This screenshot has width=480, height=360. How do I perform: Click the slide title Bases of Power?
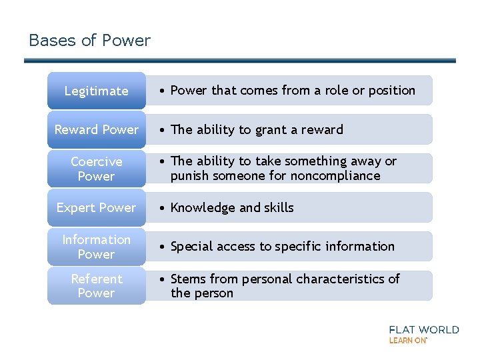pyautogui.click(x=89, y=41)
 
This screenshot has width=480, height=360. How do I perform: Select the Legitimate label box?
pyautogui.click(x=96, y=91)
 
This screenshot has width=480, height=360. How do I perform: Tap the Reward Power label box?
pyautogui.click(x=96, y=129)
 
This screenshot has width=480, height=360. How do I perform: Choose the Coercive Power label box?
pyautogui.click(x=96, y=169)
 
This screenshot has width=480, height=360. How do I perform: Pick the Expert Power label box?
pyautogui.click(x=96, y=207)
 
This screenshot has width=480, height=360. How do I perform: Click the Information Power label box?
pyautogui.click(x=96, y=247)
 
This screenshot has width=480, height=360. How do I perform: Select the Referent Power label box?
pyautogui.click(x=96, y=285)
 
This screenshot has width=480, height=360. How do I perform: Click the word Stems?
pyautogui.click(x=189, y=279)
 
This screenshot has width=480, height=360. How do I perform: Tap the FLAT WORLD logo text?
pyautogui.click(x=423, y=329)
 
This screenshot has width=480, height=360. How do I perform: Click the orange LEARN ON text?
pyautogui.click(x=407, y=340)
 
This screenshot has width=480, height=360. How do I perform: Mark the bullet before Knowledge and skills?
pyautogui.click(x=163, y=208)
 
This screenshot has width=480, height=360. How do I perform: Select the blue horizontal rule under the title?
pyautogui.click(x=240, y=61)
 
